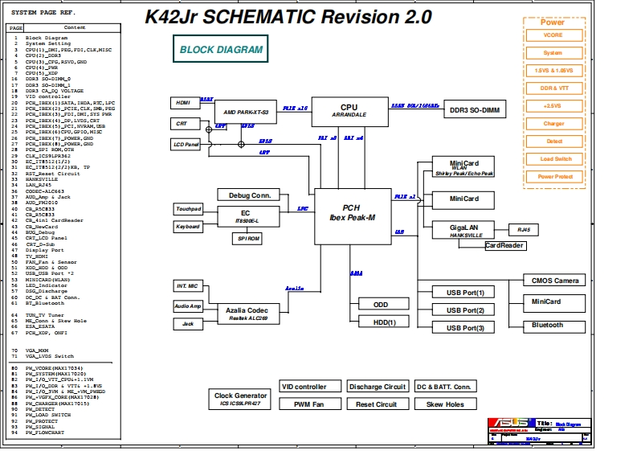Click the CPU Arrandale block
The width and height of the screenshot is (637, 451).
pos(349,110)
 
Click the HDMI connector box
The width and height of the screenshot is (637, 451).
pos(183,102)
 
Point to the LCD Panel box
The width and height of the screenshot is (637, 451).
pos(186,145)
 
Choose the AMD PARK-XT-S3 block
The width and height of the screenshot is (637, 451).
pos(246,113)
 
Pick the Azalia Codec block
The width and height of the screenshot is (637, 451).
pos(246,314)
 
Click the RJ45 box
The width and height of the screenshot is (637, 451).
pos(524,230)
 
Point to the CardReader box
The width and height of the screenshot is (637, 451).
pos(504,246)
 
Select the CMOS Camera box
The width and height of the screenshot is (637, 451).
pos(554,280)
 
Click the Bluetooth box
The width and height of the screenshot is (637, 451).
pos(546,325)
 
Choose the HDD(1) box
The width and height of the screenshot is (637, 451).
pos(380,322)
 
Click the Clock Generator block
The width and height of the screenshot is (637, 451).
pos(240,398)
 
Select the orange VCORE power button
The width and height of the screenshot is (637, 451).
pos(553,35)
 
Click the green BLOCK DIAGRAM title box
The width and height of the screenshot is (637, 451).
pos(220,49)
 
